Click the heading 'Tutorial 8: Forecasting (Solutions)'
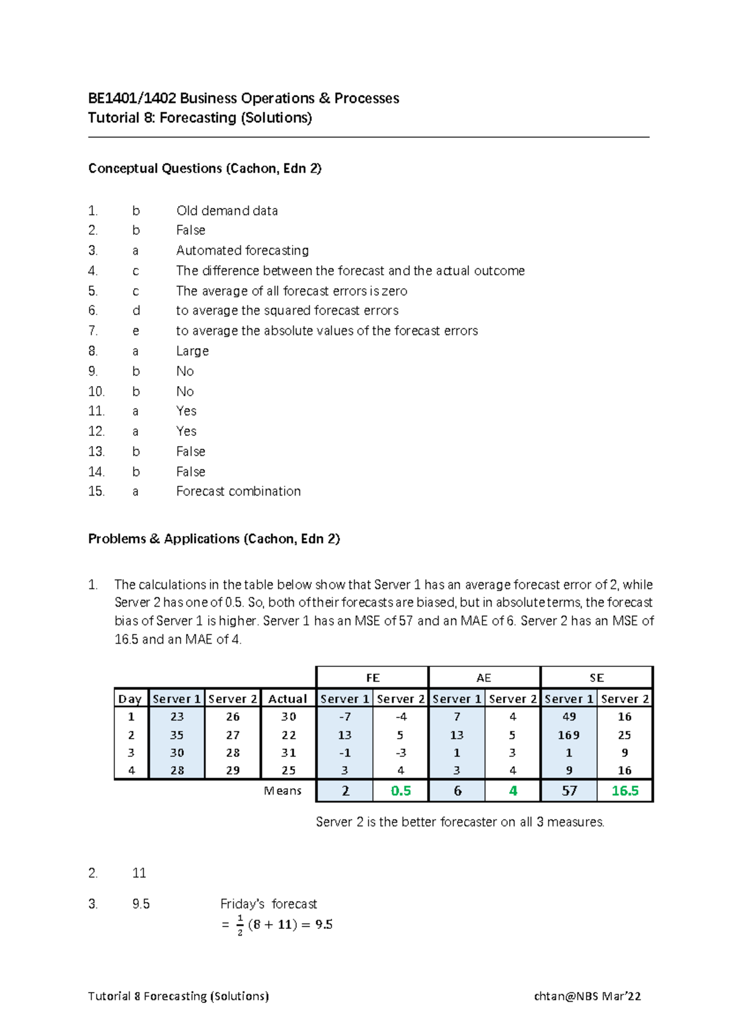click(x=200, y=118)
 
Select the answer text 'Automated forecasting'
click(x=242, y=250)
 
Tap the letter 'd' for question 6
click(x=136, y=311)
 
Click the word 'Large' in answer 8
click(x=192, y=351)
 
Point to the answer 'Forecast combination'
click(x=238, y=491)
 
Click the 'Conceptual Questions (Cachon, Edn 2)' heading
click(x=204, y=168)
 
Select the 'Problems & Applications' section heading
click(x=214, y=539)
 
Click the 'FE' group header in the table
click(x=372, y=678)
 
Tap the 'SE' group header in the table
click(x=596, y=678)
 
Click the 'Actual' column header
click(x=287, y=699)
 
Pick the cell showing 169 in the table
click(x=568, y=735)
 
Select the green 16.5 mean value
click(x=625, y=791)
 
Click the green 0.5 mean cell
click(x=400, y=791)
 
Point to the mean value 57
click(x=569, y=791)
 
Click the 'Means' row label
click(x=282, y=791)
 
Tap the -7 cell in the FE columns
click(x=344, y=717)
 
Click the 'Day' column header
click(x=130, y=699)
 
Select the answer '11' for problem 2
click(x=139, y=874)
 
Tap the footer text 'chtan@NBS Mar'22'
click(x=587, y=996)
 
